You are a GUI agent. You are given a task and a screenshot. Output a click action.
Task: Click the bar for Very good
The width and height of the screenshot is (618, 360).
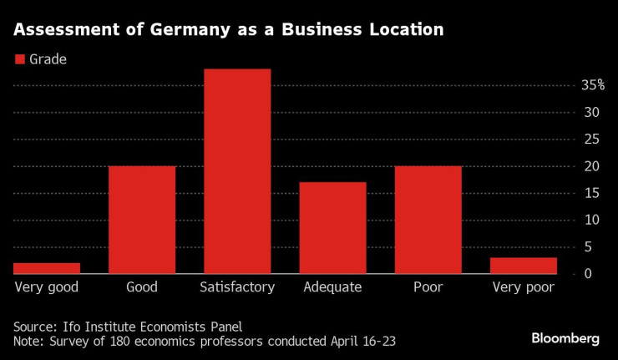click(47, 268)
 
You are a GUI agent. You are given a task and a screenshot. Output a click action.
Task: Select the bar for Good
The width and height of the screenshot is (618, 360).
click(142, 220)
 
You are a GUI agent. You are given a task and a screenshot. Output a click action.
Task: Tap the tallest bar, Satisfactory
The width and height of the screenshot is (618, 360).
click(237, 171)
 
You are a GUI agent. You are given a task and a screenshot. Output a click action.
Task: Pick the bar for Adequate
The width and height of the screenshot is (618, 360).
click(332, 228)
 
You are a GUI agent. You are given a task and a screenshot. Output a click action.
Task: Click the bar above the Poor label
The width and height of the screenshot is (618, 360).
click(428, 220)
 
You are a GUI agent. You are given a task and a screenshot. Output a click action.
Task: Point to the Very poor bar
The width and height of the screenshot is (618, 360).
click(523, 266)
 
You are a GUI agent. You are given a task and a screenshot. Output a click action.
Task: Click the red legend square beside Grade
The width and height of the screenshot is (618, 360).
click(19, 59)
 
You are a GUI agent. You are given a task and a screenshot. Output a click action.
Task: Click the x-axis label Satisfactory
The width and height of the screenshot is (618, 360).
click(237, 287)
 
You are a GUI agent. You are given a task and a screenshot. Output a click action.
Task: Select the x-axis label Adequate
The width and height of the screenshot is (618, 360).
click(332, 287)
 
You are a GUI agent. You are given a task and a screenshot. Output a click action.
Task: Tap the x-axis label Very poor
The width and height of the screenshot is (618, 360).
click(523, 287)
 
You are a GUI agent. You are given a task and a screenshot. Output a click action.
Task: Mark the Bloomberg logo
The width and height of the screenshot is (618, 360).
click(565, 338)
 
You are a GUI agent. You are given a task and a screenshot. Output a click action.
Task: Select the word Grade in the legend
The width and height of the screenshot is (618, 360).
click(48, 59)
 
